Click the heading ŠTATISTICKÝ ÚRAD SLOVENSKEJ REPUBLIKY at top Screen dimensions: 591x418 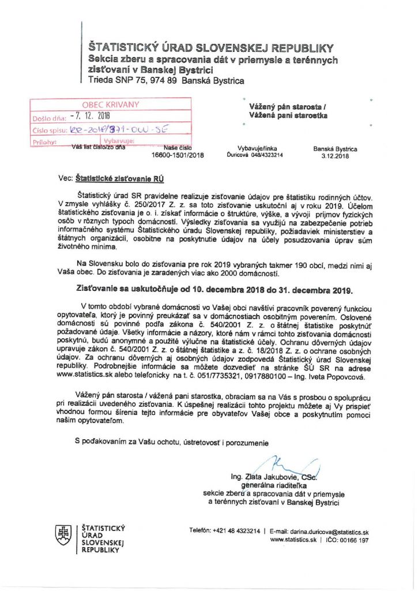click(210, 47)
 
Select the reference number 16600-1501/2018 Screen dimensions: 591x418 click(178, 155)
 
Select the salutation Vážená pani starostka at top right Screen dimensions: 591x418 click(288, 115)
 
